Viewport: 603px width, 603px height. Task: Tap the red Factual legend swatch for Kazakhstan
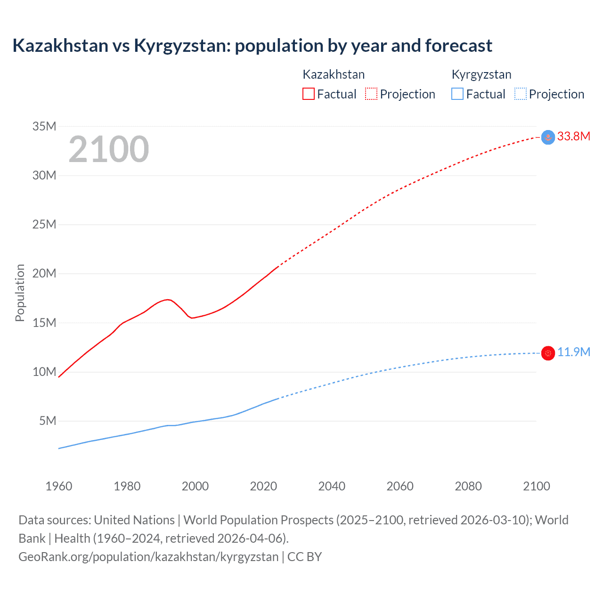[308, 94]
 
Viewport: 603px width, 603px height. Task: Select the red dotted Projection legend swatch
[371, 94]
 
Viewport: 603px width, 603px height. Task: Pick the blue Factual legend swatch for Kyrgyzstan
[457, 94]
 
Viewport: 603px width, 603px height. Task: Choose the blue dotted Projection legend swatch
[520, 94]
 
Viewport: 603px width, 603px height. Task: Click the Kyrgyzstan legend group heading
[481, 74]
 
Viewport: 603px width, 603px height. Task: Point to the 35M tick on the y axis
[44, 126]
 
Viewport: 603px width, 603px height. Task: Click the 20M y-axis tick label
[44, 274]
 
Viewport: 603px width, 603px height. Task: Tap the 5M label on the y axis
[48, 421]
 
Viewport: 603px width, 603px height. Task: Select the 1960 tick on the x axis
[59, 486]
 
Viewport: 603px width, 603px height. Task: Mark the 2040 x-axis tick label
[332, 486]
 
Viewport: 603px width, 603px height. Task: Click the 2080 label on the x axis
[468, 486]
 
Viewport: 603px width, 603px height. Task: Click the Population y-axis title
[20, 293]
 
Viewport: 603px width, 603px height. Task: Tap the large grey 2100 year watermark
[109, 150]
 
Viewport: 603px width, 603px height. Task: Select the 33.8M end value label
[573, 137]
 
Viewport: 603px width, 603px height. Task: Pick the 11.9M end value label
[573, 352]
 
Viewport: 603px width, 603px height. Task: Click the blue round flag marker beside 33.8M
[548, 137]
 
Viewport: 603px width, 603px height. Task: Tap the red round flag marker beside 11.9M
[548, 353]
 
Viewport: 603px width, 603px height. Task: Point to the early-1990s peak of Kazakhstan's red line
[167, 299]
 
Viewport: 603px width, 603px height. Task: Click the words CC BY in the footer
[304, 557]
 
